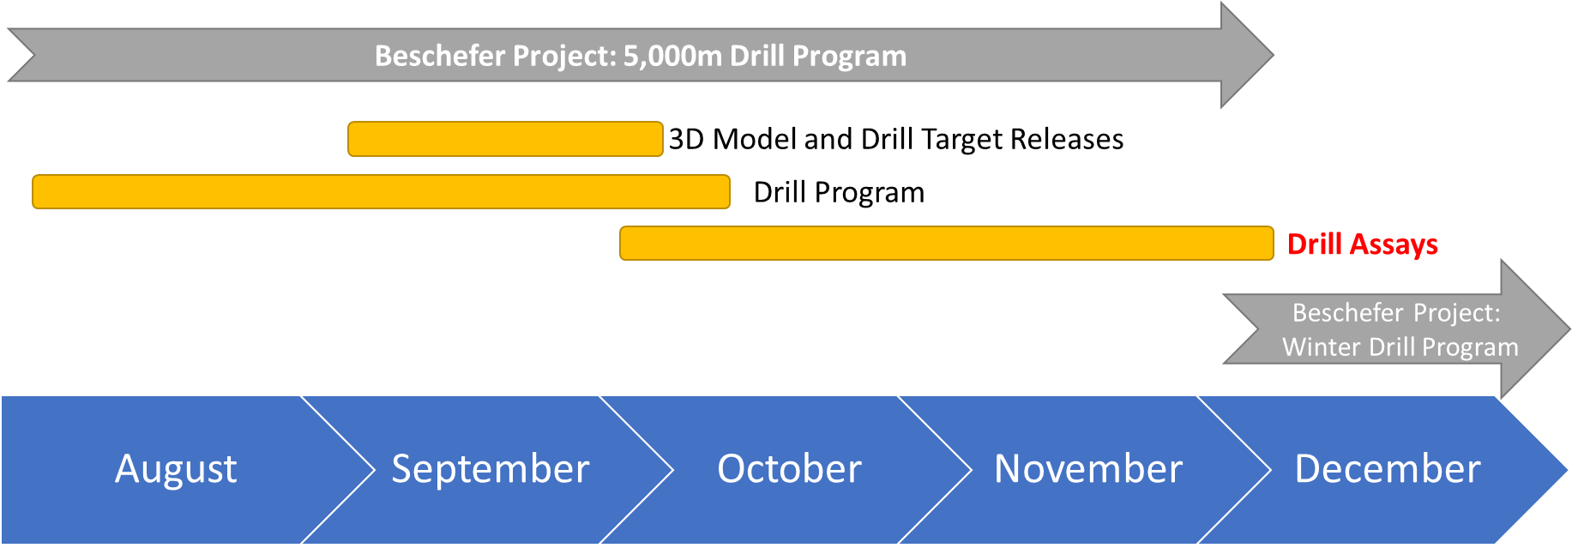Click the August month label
pyautogui.click(x=176, y=469)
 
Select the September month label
pyautogui.click(x=491, y=469)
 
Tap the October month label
pyautogui.click(x=789, y=469)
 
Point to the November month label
pyautogui.click(x=1088, y=469)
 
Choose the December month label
pyautogui.click(x=1388, y=469)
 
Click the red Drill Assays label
pyautogui.click(x=1363, y=244)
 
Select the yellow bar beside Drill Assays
pyautogui.click(x=947, y=244)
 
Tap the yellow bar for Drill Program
pyautogui.click(x=382, y=192)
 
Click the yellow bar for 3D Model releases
pyautogui.click(x=505, y=139)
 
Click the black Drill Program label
pyautogui.click(x=839, y=192)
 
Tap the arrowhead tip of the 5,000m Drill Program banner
pyautogui.click(x=1274, y=56)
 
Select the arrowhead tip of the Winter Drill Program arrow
pyautogui.click(x=1569, y=328)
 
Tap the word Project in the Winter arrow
pyautogui.click(x=1457, y=313)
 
